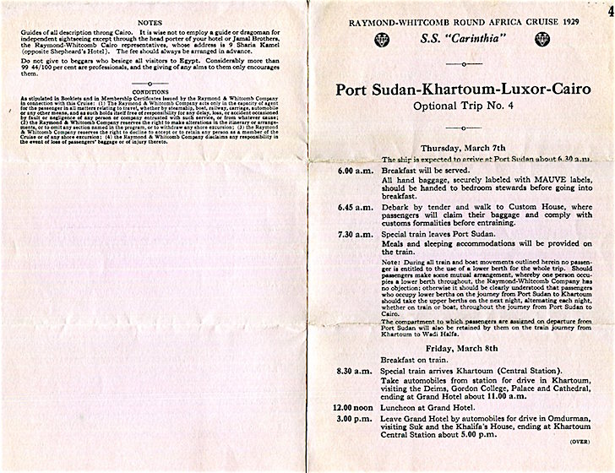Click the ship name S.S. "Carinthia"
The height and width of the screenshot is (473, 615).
pyautogui.click(x=461, y=40)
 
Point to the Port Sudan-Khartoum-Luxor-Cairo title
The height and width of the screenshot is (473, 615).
pyautogui.click(x=461, y=90)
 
